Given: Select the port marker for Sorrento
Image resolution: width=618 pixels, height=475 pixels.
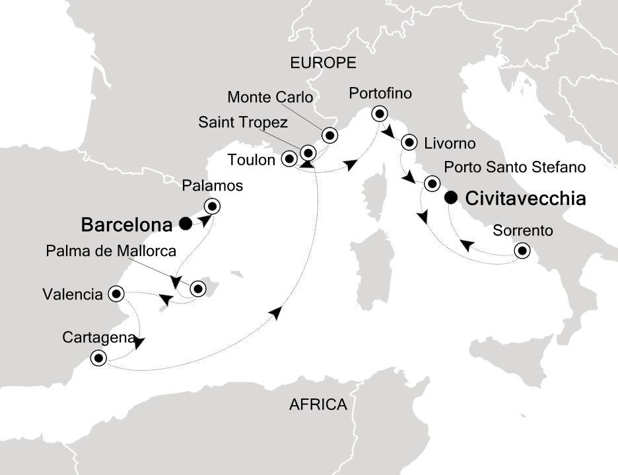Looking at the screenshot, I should (x=522, y=251).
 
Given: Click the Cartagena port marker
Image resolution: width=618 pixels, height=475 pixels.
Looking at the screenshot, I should (x=98, y=358).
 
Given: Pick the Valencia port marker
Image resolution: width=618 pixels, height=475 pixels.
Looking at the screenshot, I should (x=116, y=293).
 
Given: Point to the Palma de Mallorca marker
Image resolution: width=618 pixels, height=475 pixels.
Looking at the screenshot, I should (x=197, y=288).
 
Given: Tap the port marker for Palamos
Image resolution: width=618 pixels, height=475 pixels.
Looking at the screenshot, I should (x=211, y=205).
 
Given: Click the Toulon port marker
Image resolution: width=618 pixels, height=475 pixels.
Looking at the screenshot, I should (x=289, y=159).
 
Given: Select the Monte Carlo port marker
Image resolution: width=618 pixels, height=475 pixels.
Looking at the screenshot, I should (x=329, y=136).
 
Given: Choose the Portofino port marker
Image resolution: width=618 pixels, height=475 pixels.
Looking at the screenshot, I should (x=379, y=113).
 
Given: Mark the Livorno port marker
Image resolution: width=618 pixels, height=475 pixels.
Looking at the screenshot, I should (x=409, y=142).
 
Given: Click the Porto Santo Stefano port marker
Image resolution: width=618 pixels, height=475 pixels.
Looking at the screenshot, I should (x=432, y=183).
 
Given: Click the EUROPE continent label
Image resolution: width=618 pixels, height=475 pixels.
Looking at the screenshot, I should (x=324, y=63).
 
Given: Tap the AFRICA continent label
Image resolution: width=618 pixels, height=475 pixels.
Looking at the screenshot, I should (x=318, y=404).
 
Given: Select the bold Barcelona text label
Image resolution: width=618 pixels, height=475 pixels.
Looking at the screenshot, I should (x=127, y=225).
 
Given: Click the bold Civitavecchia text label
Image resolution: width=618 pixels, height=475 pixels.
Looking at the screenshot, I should (x=525, y=199).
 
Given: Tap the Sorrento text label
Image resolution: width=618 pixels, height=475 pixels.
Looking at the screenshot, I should (x=522, y=231).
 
